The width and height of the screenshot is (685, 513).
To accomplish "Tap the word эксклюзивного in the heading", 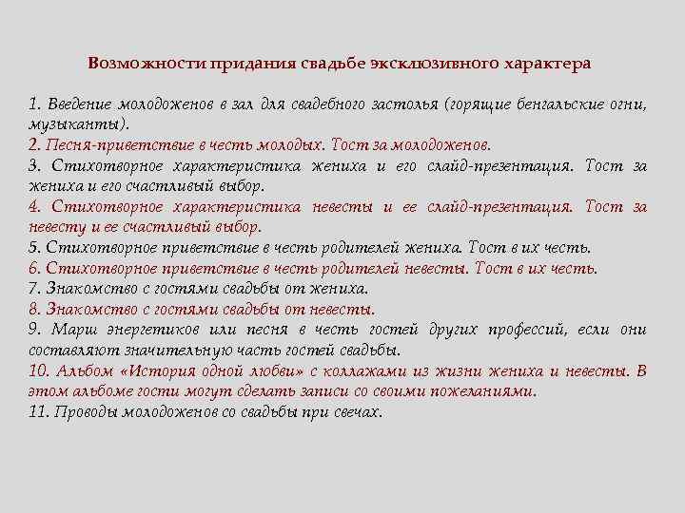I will pyautogui.click(x=430, y=64).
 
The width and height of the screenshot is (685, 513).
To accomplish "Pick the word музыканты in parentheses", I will pyautogui.click(x=75, y=124).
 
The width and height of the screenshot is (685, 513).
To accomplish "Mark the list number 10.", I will pyautogui.click(x=40, y=370).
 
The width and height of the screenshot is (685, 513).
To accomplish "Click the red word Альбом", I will pyautogui.click(x=86, y=370).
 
